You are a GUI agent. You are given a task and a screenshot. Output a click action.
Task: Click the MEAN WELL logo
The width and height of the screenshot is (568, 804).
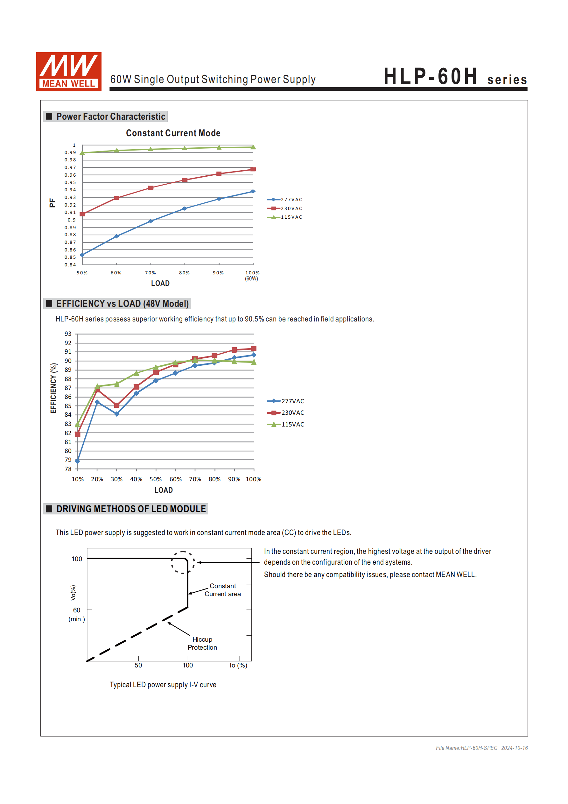point(69,72)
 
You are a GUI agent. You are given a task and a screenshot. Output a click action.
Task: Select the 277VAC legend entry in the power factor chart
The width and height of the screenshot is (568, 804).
point(284,200)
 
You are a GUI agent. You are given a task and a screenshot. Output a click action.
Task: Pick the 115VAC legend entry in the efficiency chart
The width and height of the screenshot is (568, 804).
point(285,424)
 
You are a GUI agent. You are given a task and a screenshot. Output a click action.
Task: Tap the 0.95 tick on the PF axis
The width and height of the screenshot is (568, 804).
point(70,182)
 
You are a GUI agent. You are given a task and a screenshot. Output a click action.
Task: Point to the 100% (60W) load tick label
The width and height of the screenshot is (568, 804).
point(252,275)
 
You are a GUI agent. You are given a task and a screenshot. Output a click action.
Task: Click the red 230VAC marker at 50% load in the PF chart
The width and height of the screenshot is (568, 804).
point(83,214)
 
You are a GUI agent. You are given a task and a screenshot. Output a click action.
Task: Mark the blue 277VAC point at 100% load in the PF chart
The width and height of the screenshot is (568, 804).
point(253,192)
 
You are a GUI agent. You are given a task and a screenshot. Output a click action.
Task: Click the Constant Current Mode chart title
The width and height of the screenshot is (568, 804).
point(173,133)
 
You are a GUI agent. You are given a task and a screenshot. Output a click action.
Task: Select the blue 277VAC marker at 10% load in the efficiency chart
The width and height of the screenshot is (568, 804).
point(77,461)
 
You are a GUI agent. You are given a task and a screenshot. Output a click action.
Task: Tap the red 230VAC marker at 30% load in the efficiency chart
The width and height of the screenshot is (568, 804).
point(116,405)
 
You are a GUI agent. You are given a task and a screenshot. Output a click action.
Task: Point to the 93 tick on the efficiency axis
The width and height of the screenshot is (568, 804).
point(68,334)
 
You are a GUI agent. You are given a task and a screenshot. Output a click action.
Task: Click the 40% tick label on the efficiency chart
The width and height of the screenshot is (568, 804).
point(136,479)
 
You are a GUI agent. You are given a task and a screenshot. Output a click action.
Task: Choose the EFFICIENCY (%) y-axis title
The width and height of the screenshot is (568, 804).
point(53,388)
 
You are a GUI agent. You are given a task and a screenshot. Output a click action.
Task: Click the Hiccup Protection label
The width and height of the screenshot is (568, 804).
point(202,643)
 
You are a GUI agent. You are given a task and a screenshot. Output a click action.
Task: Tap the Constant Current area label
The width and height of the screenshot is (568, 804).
point(223,590)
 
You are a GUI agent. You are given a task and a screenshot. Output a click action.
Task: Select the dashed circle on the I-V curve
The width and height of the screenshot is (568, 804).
point(183,562)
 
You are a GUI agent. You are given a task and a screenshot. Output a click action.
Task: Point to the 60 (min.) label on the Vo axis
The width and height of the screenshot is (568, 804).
point(77,614)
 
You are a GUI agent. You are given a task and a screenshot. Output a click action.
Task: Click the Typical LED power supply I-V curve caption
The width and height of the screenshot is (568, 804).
point(163,685)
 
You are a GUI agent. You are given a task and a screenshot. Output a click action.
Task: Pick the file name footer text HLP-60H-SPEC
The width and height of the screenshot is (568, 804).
point(466,748)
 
